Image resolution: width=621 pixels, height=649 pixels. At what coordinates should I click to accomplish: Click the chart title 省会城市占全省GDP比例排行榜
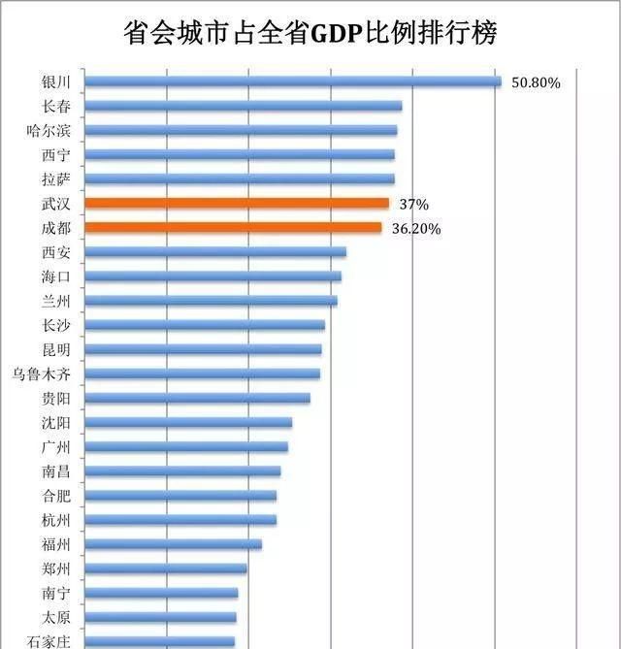point(310,32)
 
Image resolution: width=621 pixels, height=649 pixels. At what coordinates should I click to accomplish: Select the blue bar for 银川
point(292,81)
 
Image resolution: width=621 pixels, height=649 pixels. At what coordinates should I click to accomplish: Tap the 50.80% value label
point(536,82)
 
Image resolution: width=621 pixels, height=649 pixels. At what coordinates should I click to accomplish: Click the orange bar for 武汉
point(237,204)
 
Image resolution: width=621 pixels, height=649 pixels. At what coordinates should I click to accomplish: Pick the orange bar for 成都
point(233,228)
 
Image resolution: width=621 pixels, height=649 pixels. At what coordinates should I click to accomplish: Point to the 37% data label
point(413,205)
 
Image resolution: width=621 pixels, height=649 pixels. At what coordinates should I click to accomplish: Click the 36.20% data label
point(416,229)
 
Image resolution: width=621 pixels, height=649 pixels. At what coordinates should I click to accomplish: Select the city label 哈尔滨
point(49,130)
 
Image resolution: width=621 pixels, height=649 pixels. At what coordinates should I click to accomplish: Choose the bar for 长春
point(243,106)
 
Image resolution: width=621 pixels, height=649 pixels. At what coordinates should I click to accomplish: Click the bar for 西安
point(215,252)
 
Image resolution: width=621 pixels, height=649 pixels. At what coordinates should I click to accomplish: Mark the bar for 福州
point(173,544)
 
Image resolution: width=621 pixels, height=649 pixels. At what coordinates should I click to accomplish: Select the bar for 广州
point(186,446)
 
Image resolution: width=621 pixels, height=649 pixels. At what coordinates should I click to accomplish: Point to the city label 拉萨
point(55,178)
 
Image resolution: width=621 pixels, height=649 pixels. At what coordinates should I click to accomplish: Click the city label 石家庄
point(49,640)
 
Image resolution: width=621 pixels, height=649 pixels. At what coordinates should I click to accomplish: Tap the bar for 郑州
point(165,568)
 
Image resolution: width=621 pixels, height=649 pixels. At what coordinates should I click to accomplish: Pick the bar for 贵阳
point(197,398)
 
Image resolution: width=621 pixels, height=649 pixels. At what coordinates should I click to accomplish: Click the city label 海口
point(55,276)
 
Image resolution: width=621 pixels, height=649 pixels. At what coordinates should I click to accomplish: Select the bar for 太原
point(160,617)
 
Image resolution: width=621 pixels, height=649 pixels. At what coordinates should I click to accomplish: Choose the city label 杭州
point(55,520)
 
